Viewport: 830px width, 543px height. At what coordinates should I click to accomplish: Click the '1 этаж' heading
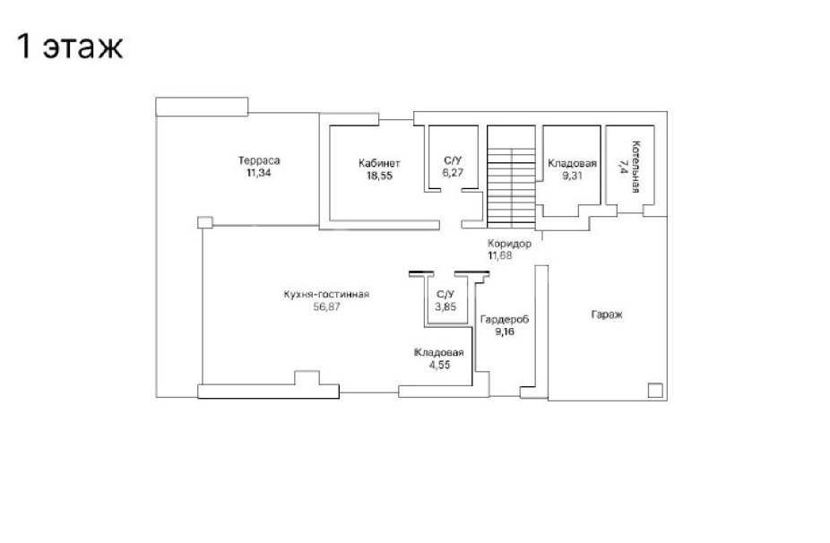(70, 47)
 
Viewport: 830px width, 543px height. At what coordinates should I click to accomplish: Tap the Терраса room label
(259, 160)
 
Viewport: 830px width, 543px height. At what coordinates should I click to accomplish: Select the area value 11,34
(259, 173)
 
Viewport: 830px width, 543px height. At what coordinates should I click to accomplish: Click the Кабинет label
(379, 163)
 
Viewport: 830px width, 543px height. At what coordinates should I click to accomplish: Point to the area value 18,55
(379, 177)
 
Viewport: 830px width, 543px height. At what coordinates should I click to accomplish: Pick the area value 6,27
(453, 173)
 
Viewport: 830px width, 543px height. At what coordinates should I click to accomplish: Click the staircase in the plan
(511, 177)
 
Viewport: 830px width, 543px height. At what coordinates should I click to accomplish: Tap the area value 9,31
(572, 176)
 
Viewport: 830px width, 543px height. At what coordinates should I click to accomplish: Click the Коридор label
(509, 244)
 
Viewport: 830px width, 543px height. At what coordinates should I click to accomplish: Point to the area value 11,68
(500, 255)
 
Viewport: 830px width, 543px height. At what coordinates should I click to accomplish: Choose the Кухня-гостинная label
(326, 294)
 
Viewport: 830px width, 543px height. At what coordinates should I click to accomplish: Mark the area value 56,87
(326, 307)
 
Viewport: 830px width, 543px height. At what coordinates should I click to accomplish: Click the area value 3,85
(445, 306)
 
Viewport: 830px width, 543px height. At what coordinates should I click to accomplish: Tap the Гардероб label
(505, 320)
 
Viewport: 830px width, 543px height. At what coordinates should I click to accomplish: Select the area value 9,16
(505, 332)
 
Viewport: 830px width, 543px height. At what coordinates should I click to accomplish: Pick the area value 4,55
(439, 366)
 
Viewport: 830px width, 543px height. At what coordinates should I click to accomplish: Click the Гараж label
(607, 315)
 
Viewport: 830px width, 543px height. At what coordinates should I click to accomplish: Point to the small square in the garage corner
(655, 390)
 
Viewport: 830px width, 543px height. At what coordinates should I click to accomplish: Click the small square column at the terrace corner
(205, 222)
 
